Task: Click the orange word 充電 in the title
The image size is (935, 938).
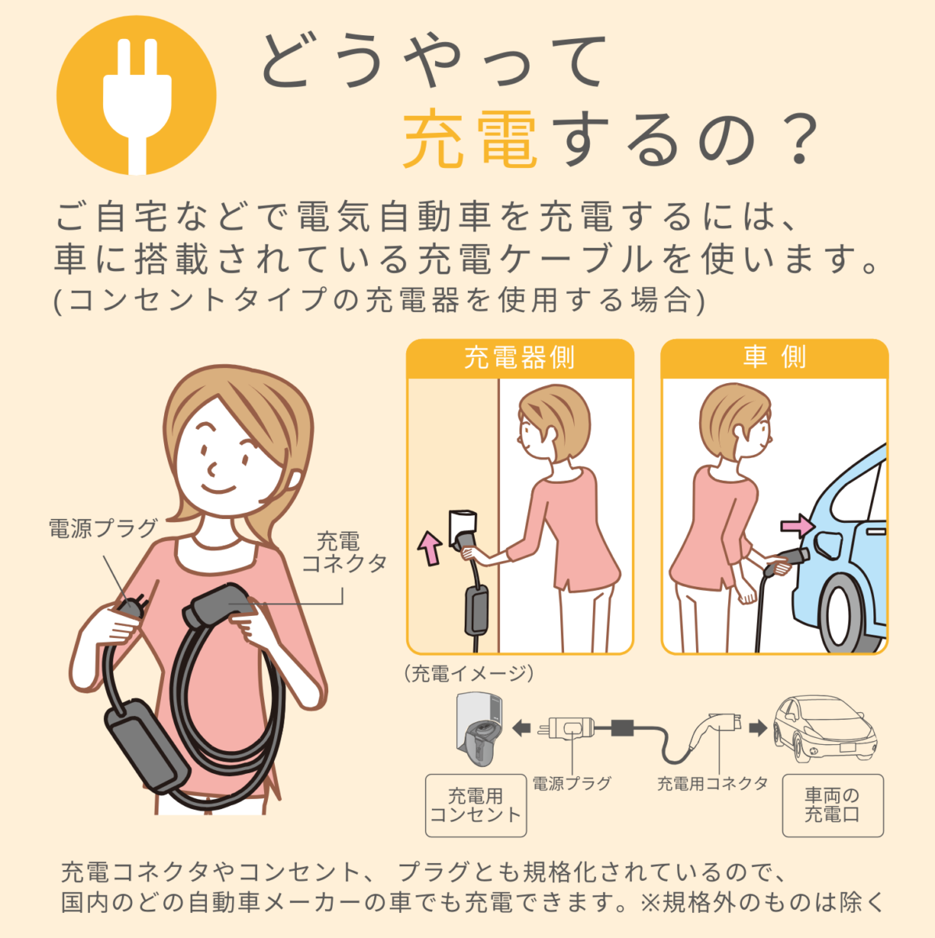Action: [470, 138]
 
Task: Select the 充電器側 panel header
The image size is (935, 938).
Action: [519, 358]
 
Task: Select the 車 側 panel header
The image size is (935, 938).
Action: [774, 358]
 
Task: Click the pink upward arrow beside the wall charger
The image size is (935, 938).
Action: [430, 548]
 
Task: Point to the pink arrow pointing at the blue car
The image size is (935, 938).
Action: [797, 526]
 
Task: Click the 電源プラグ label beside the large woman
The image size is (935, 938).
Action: [103, 528]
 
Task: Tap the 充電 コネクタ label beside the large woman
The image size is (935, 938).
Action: [344, 553]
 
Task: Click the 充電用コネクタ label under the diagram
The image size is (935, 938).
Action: [712, 784]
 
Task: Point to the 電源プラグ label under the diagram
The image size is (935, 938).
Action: [572, 784]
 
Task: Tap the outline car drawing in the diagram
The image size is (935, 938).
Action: [825, 729]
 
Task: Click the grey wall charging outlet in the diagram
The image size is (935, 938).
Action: [480, 729]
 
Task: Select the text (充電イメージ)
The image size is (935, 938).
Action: [469, 674]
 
